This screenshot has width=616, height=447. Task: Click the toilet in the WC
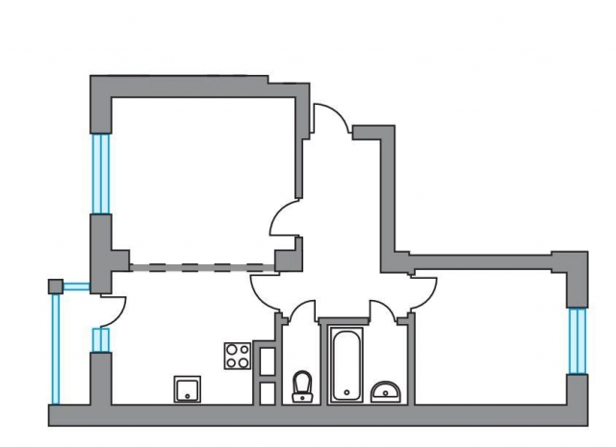[x=302, y=386]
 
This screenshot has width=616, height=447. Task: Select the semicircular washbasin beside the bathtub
[x=387, y=390]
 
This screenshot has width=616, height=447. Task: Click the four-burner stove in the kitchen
[x=237, y=356]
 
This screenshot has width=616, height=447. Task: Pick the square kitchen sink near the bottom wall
[x=187, y=389]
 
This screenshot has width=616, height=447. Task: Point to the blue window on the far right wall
[x=577, y=340]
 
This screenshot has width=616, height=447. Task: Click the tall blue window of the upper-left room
[x=100, y=173]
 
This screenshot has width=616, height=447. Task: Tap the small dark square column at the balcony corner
[x=56, y=286]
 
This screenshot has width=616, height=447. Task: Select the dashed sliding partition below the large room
[x=202, y=264]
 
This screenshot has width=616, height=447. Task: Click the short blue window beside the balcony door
[x=99, y=340]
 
